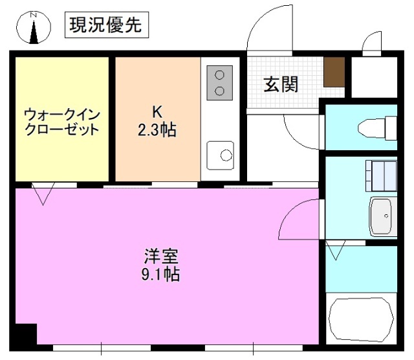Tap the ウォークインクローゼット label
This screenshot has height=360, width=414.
pyautogui.click(x=62, y=122)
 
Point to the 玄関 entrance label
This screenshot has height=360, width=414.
pyautogui.click(x=281, y=84)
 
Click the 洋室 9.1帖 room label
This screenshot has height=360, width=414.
pyautogui.click(x=161, y=265)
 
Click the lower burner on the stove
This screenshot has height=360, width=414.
pyautogui.click(x=220, y=89)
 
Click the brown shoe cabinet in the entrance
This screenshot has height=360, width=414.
pyautogui.click(x=334, y=71)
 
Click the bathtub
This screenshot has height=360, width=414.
pyautogui.click(x=362, y=319)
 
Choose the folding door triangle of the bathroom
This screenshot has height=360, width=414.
pyautogui.click(x=336, y=250)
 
